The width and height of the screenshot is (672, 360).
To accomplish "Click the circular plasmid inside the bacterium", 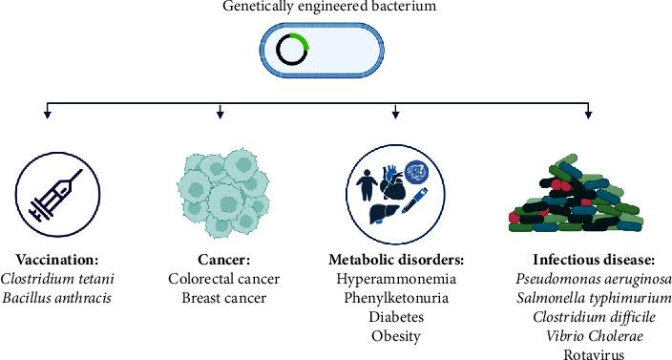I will pyautogui.click(x=290, y=49).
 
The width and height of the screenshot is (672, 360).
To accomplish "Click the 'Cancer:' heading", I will pyautogui.click(x=220, y=260).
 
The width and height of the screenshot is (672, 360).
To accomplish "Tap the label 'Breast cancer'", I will pyautogui.click(x=220, y=297).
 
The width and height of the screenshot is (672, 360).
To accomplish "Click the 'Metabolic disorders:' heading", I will pyautogui.click(x=395, y=260).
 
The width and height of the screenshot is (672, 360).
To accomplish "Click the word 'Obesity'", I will pyautogui.click(x=395, y=335).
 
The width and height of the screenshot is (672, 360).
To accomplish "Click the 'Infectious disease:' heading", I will pyautogui.click(x=588, y=260).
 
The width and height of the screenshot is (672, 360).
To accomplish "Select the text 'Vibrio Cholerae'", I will pyautogui.click(x=588, y=335).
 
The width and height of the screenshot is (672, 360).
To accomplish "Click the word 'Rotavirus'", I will pyautogui.click(x=588, y=353).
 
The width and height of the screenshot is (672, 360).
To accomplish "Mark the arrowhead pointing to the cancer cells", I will pyautogui.click(x=220, y=116).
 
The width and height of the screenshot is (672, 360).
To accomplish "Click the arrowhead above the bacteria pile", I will pyautogui.click(x=588, y=116).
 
